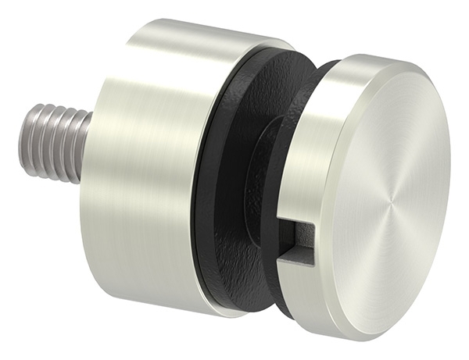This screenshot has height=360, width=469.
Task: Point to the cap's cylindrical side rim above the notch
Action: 305,156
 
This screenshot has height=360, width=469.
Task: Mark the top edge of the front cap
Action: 375,56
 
